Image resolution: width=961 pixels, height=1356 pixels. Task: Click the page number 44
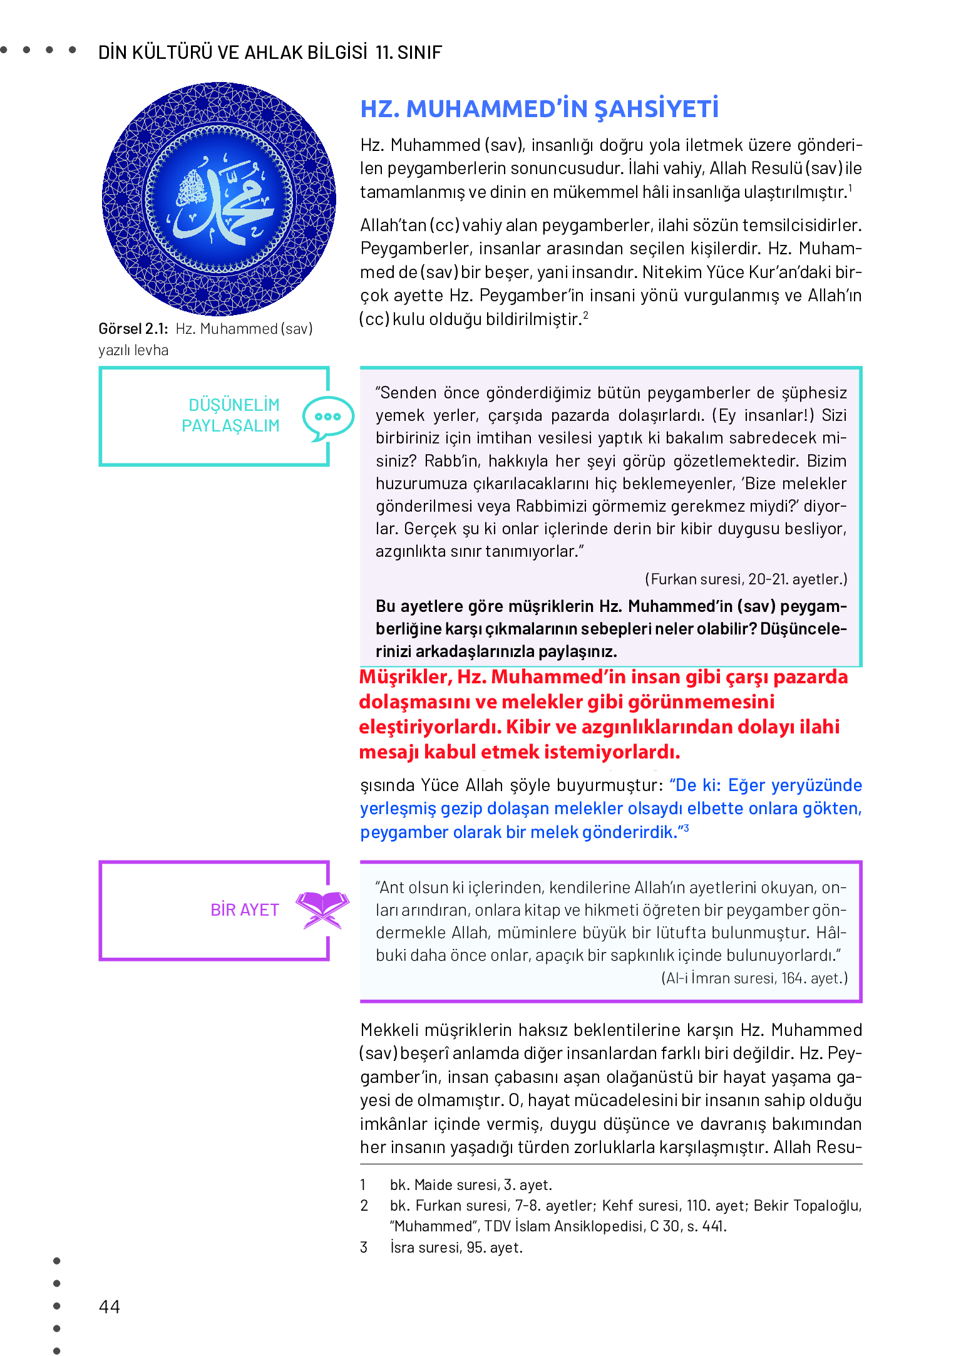click(109, 1307)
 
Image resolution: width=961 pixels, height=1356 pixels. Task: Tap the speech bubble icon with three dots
click(327, 417)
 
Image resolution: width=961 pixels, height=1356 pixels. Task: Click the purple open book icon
click(322, 909)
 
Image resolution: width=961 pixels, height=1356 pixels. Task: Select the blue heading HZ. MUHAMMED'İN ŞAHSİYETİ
click(539, 109)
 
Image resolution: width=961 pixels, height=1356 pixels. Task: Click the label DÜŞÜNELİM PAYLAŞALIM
click(230, 415)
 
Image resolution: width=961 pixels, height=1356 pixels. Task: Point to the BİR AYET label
click(244, 909)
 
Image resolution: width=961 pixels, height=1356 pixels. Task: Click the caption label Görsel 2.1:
click(133, 329)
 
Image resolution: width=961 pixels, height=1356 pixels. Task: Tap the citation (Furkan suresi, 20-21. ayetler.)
click(746, 579)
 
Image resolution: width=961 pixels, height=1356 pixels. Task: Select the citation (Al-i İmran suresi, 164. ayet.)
click(754, 978)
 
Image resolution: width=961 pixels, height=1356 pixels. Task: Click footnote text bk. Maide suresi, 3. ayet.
click(471, 1184)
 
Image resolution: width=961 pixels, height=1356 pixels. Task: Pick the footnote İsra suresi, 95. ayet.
click(456, 1247)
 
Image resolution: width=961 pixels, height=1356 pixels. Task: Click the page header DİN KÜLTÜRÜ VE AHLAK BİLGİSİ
click(232, 52)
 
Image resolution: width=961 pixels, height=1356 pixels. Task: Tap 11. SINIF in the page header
click(409, 52)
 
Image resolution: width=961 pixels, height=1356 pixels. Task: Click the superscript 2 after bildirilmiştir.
click(585, 314)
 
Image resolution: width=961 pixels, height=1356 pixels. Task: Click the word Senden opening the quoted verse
click(407, 393)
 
